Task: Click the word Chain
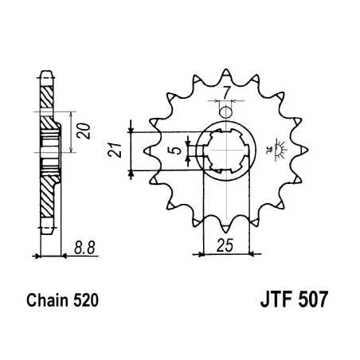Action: [x=49, y=303]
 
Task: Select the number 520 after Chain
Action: [x=85, y=303]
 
